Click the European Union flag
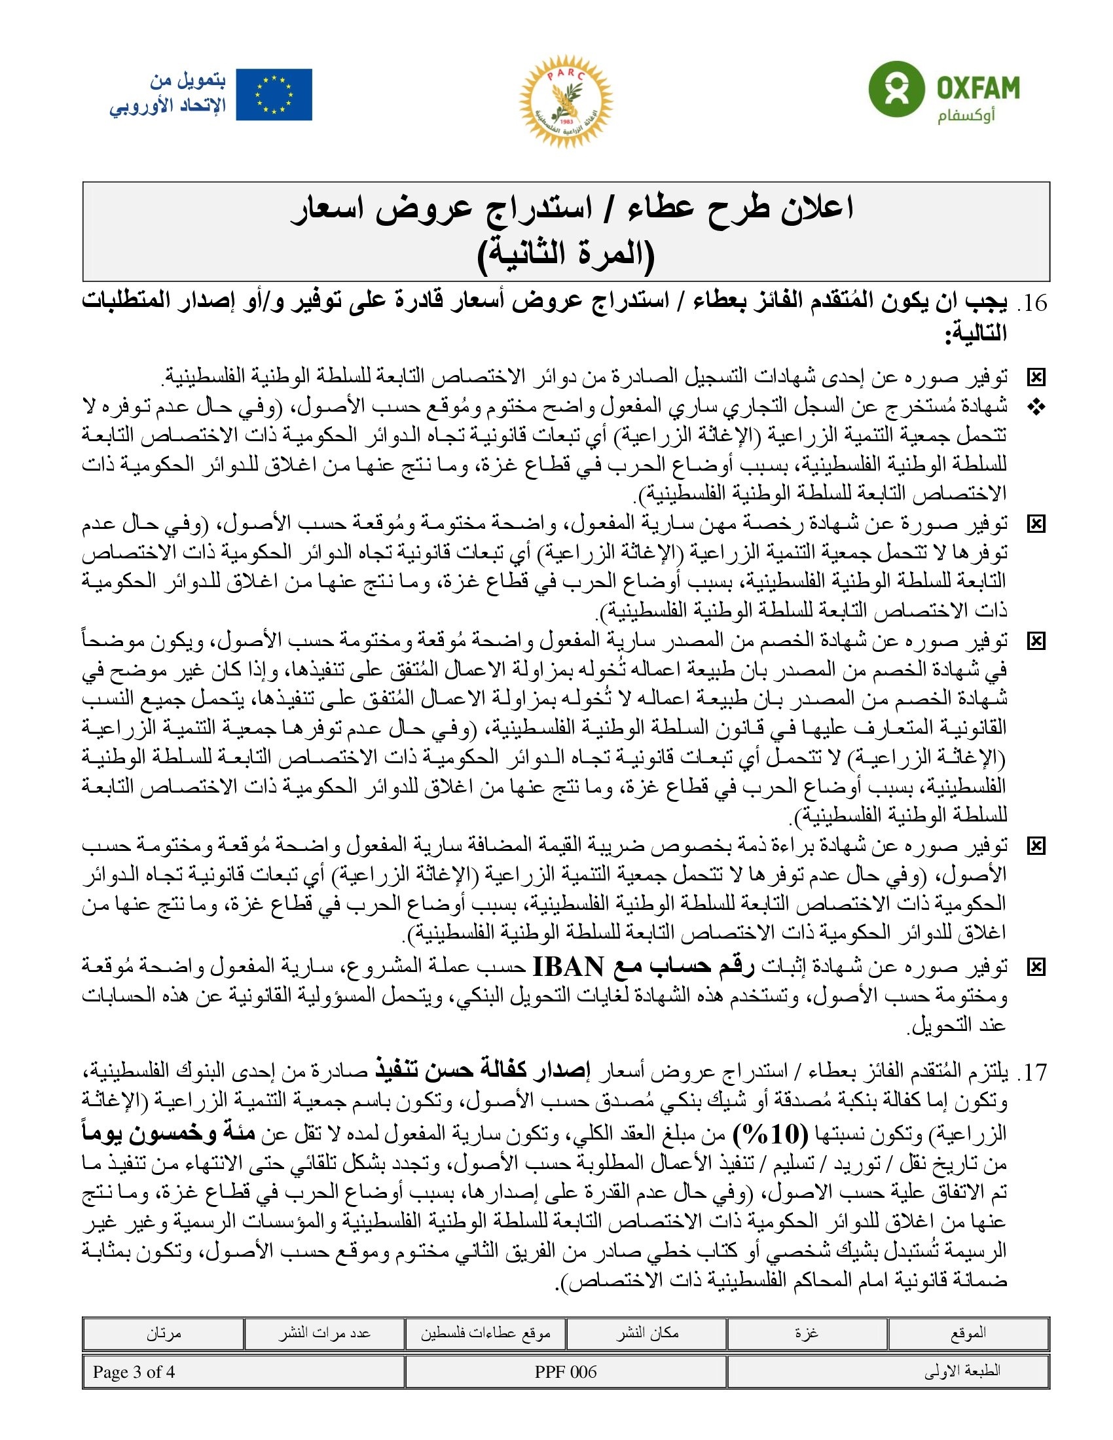coord(274,95)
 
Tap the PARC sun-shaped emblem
coord(566,101)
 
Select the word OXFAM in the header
coord(978,88)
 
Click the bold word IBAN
coord(568,967)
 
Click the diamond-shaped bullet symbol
coord(1036,408)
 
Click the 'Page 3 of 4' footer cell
coord(134,1372)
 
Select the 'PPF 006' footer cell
coord(566,1372)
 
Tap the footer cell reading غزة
coord(807,1333)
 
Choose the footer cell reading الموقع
coord(968,1333)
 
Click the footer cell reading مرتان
coord(164,1333)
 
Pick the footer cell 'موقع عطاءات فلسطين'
coord(485,1333)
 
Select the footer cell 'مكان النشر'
coord(647,1333)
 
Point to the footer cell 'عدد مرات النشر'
coord(324,1333)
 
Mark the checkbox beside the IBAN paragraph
coord(1036,967)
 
